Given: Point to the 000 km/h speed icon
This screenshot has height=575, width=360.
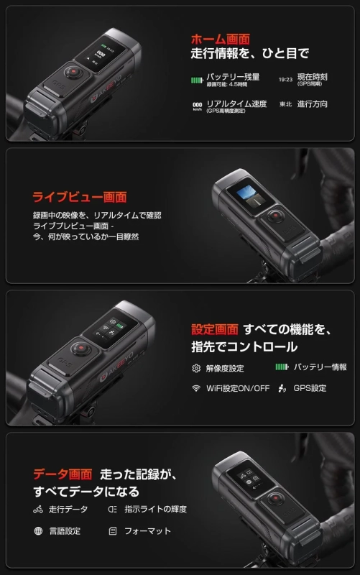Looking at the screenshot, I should coord(196,106).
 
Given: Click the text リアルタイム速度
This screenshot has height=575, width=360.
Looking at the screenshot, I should coord(236,103).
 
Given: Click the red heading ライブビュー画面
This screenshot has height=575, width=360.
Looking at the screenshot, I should coord(80,196).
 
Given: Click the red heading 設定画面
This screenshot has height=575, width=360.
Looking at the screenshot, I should coord(214,329).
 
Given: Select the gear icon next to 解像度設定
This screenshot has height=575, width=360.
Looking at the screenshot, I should coord(195,368).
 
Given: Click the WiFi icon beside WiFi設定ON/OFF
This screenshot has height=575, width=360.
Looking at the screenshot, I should coord(195,389).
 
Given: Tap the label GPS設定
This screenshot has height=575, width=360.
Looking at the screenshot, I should coord(310,388).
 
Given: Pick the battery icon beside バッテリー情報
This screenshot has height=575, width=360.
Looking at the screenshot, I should coord(282,367).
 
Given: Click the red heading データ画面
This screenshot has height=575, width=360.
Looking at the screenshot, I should coord(62,474).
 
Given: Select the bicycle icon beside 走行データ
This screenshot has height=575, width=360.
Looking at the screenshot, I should coord(38,510).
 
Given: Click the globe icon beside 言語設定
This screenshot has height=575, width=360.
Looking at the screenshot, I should coord(38,531).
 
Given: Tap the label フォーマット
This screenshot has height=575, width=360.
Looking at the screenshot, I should coord(149,531).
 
